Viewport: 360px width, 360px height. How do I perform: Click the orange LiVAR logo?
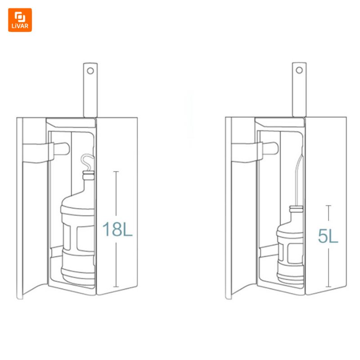20,20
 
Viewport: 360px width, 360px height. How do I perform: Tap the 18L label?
117,229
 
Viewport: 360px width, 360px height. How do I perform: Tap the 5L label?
328,236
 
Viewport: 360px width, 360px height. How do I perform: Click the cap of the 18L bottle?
88,175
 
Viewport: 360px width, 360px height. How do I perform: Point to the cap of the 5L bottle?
296,209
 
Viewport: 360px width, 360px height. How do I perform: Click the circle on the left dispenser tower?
90,71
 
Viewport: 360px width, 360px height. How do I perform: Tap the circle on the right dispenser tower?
299,70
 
